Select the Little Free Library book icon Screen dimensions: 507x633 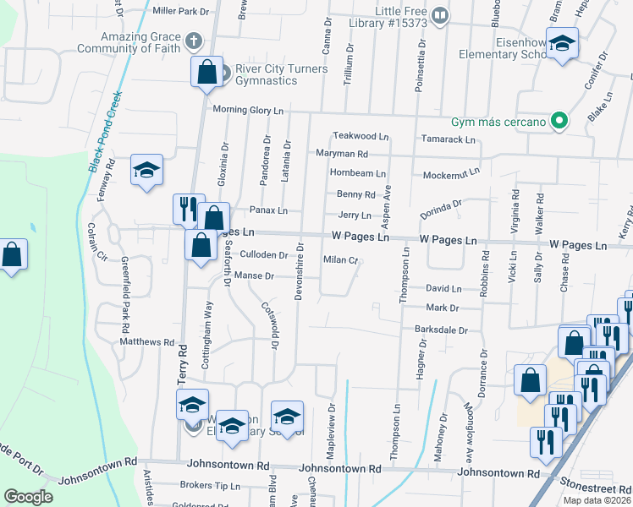click(x=440, y=14)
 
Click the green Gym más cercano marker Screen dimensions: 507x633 click(x=558, y=122)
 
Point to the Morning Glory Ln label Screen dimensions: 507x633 click(x=248, y=110)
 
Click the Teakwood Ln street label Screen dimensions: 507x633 click(x=361, y=135)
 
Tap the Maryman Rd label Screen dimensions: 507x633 click(x=342, y=154)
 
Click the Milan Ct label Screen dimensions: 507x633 click(x=341, y=259)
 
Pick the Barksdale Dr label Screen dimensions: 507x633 click(x=441, y=330)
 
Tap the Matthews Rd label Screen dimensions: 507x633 click(x=146, y=343)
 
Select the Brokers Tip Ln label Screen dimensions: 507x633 click(x=211, y=486)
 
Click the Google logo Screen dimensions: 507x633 click(x=28, y=497)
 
